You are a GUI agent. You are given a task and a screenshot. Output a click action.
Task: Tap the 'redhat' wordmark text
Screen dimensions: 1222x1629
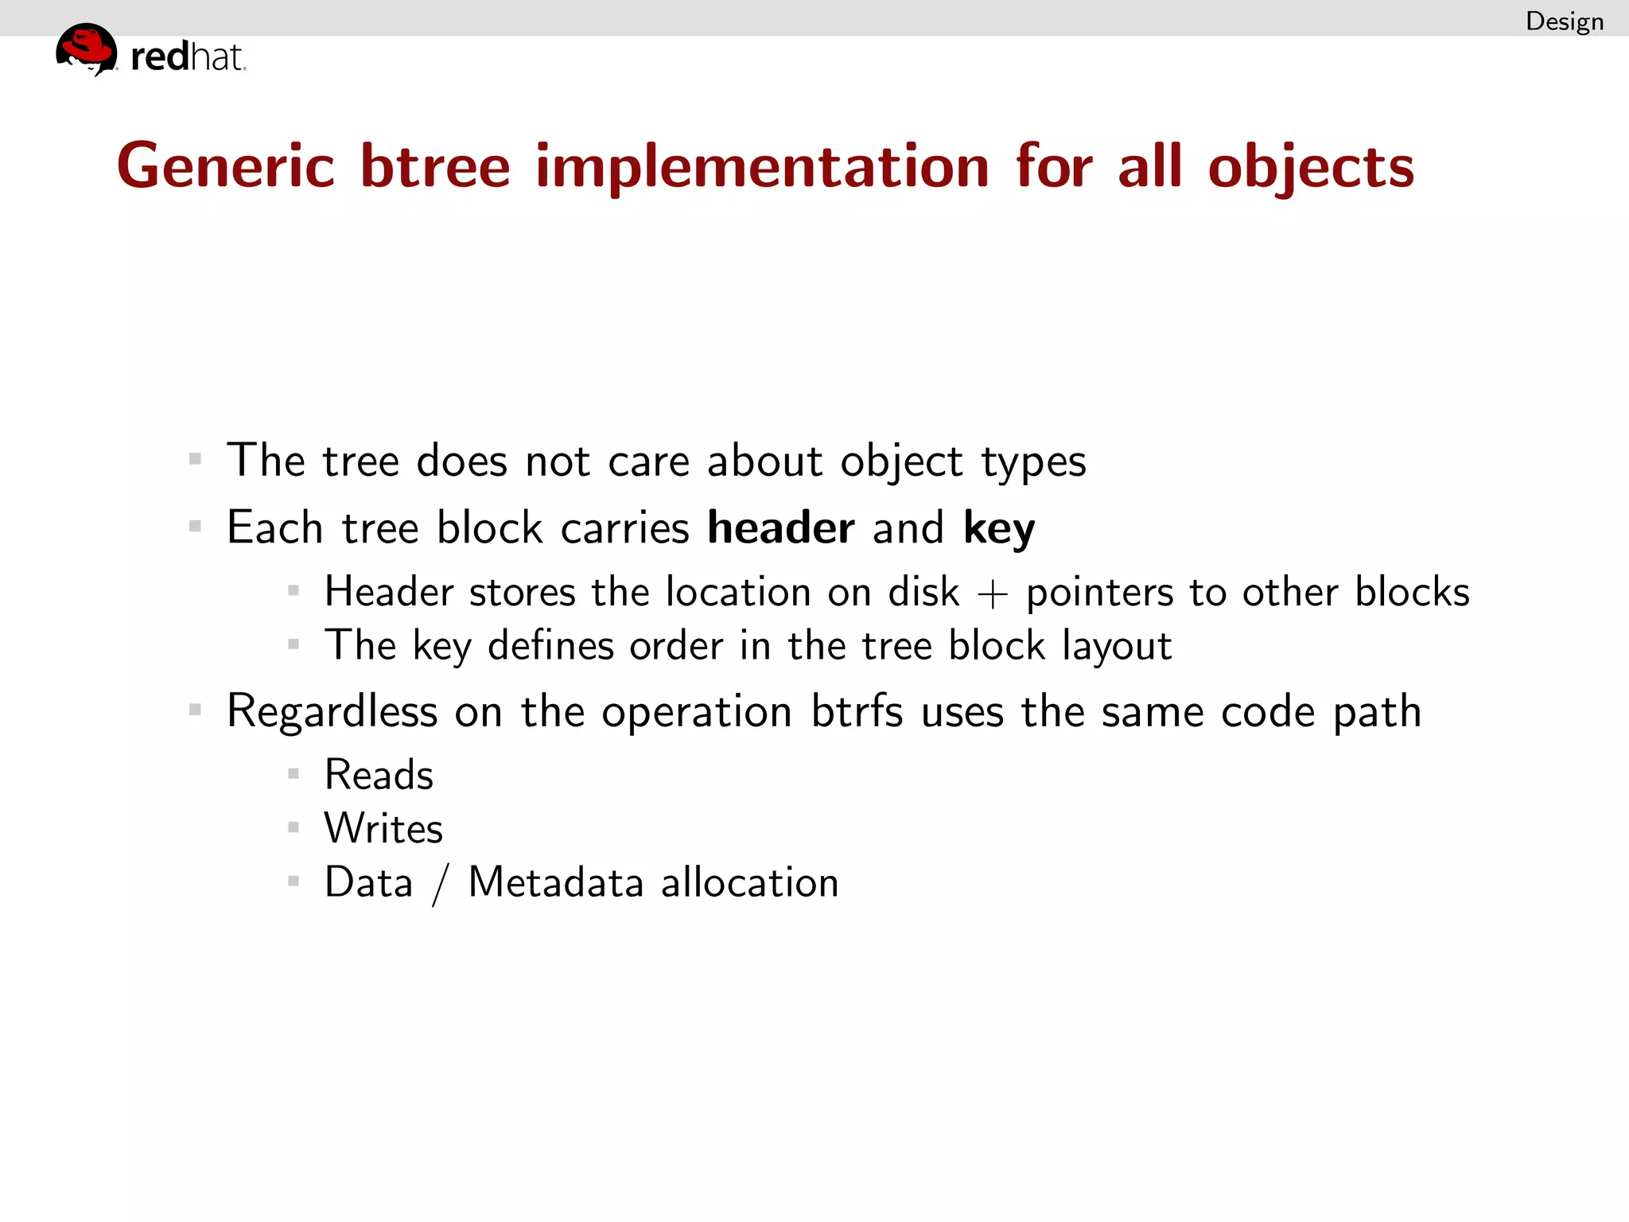point(188,57)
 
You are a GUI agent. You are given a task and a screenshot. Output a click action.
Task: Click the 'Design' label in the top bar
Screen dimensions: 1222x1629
point(1564,21)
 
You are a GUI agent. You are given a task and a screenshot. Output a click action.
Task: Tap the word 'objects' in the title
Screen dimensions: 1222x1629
point(1311,169)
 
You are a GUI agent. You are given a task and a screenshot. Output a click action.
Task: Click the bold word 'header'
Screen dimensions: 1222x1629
point(780,527)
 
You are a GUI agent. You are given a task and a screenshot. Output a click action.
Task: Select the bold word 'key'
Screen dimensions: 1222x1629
point(998,529)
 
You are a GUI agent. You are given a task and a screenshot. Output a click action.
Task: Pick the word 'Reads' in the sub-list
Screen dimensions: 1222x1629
point(379,775)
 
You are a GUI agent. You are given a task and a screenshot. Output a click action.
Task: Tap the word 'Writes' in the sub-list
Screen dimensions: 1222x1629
point(383,828)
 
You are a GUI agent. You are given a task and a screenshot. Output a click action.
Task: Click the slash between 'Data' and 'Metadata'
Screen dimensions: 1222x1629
point(441,884)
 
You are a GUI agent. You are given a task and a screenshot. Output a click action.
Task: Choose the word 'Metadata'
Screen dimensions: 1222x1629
point(555,882)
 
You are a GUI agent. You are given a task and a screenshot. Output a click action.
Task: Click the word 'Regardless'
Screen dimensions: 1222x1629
point(332,712)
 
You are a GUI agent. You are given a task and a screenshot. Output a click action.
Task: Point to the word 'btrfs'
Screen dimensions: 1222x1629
point(857,710)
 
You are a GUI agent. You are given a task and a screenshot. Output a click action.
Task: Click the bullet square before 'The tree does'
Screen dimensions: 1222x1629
point(195,459)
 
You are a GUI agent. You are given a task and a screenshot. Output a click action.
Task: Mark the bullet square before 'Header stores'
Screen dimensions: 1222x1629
point(294,590)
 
